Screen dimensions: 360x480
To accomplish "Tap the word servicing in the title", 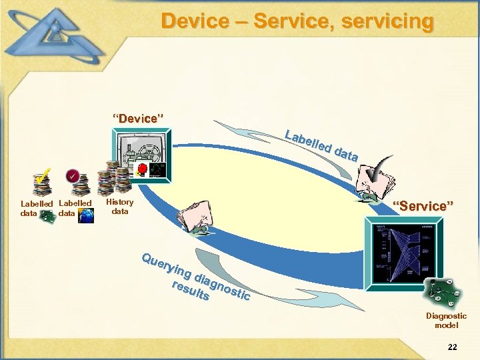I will pos(387,21).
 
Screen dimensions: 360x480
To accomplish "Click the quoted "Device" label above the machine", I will pos(138,119).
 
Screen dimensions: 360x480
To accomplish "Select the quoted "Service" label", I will pos(423,206).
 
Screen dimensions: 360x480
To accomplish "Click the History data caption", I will pos(120,207).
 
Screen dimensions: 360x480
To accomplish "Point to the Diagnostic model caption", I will pos(446,321).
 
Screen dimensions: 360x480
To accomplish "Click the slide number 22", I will pos(453,347).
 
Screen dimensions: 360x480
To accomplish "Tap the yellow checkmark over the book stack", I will pos(41,177).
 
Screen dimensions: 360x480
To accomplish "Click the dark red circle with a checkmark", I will pos(73,176).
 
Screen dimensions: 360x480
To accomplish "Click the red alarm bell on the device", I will pos(142,168).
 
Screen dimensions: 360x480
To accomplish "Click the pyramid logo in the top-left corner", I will pos(57,37).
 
